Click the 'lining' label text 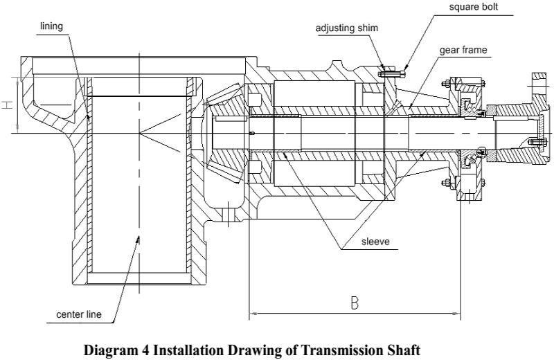[52, 26]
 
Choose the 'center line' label [79, 316]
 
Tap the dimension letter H [6, 105]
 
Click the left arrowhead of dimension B [252, 314]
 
